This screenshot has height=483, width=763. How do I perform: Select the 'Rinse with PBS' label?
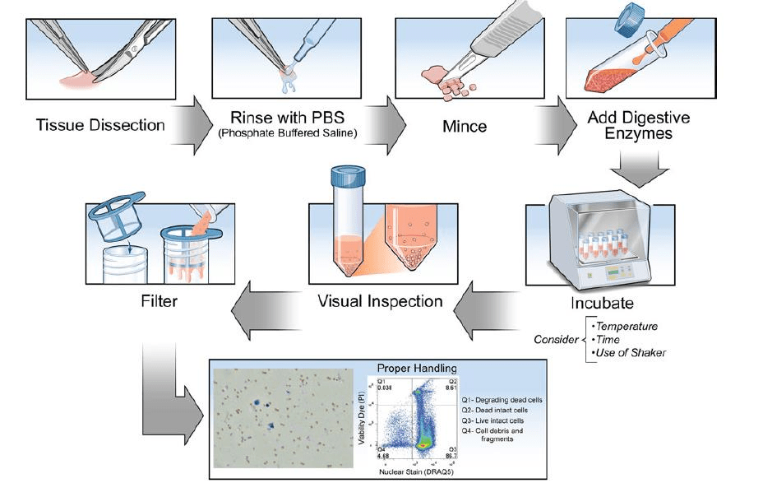point(286,120)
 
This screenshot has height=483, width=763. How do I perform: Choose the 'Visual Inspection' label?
point(380,301)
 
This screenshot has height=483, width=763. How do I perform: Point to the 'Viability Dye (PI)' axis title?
point(361,418)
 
